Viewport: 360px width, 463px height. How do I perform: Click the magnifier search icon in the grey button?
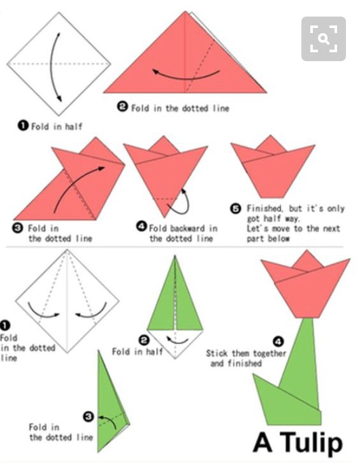[x=324, y=39]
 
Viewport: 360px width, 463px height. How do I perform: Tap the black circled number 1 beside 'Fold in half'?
[x=23, y=126]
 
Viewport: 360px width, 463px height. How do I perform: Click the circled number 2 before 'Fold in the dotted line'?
[x=122, y=106]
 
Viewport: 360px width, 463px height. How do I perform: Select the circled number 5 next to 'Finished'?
[x=235, y=208]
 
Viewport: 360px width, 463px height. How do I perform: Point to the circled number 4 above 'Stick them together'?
[x=278, y=341]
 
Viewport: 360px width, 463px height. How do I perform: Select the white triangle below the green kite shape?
[x=175, y=343]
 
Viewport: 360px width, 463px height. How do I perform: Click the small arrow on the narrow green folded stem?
[x=110, y=420]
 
